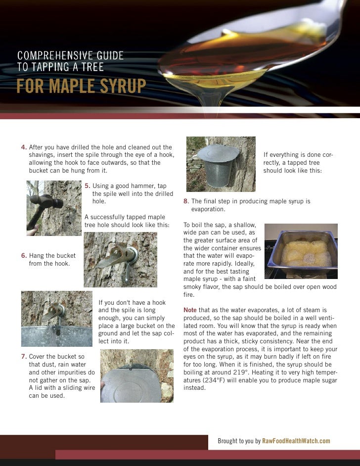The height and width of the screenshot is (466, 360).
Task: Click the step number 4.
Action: tap(24, 147)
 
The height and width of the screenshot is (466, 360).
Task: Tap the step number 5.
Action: tap(88, 186)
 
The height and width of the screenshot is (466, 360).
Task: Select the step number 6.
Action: tap(24, 256)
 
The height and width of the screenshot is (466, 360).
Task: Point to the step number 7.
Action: tap(24, 356)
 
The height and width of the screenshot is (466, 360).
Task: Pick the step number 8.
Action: tap(186, 201)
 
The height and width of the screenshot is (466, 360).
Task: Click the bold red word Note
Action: tap(190, 310)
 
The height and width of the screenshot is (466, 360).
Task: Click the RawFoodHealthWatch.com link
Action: tap(296, 441)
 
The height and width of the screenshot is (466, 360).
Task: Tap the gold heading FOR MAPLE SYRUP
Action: tap(81, 86)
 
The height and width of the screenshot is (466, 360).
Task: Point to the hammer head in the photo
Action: tap(46, 201)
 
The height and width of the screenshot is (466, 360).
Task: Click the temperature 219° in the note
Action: tap(239, 372)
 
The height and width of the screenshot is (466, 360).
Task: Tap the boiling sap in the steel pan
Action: tap(306, 253)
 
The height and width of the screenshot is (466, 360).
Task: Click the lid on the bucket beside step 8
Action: tap(218, 153)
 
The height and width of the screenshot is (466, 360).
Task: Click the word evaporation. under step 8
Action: tap(208, 209)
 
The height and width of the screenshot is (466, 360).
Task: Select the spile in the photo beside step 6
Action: tap(118, 256)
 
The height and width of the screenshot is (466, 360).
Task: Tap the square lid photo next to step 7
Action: tap(137, 376)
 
